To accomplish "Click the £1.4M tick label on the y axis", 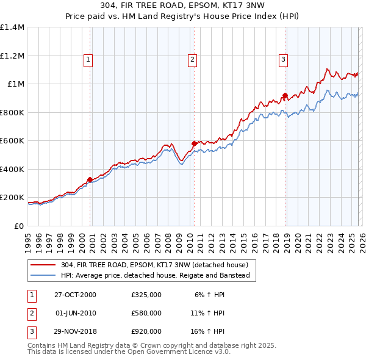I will pos(12,27).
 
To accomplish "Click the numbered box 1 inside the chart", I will pos(88,60).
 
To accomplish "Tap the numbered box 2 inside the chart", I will pos(192,60).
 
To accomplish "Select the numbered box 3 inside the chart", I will pos(284,60).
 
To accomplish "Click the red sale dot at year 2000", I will pos(90,179).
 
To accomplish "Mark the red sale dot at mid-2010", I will pos(194,144).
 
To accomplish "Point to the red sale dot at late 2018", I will pos(285,96).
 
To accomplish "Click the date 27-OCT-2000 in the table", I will pos(75,294).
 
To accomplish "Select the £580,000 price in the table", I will pos(146,313).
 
